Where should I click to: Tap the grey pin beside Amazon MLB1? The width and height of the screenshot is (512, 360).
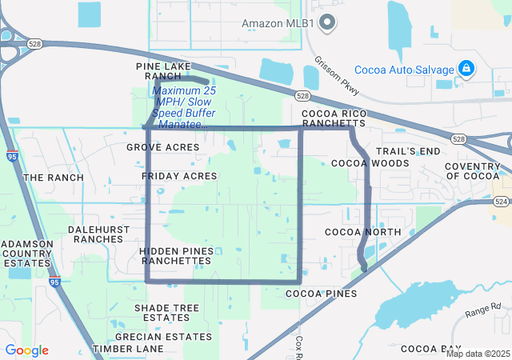(326, 22)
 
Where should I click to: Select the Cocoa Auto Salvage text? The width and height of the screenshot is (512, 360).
(404, 69)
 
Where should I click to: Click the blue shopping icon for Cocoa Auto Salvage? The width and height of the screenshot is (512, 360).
(465, 69)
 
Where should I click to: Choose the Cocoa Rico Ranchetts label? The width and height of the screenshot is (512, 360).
(333, 118)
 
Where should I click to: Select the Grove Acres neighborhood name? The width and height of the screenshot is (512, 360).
(163, 147)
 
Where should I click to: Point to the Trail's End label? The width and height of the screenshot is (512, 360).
(409, 151)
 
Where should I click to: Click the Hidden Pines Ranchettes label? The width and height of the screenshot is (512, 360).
(176, 255)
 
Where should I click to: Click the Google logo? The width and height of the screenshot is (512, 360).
(26, 350)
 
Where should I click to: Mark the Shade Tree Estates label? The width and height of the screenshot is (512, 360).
(166, 312)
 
